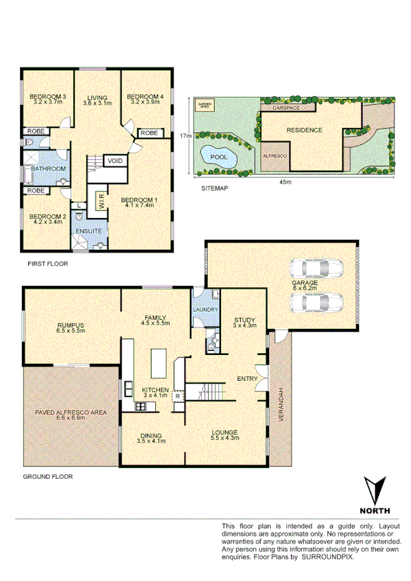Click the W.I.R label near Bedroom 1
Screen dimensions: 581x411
(x=100, y=201)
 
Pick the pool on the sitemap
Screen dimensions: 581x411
(x=218, y=156)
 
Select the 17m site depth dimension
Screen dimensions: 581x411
(x=183, y=136)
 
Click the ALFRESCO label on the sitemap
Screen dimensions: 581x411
(x=274, y=156)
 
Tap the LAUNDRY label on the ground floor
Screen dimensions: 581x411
(x=206, y=310)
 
